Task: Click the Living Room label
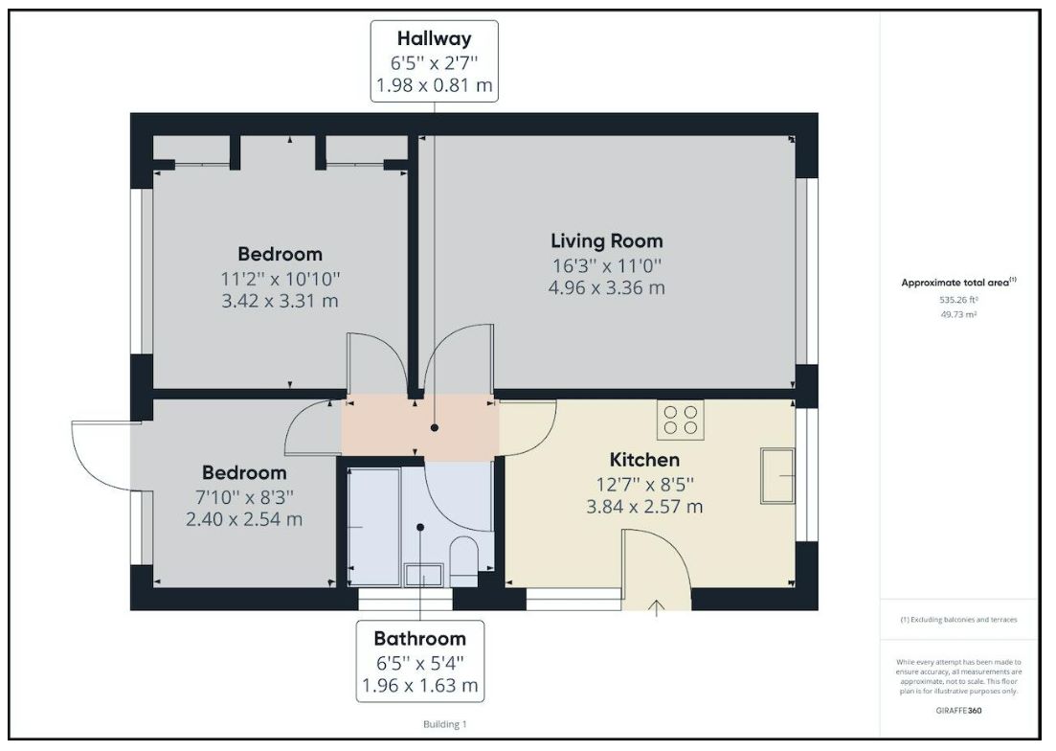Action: [x=607, y=240]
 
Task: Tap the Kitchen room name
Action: [x=644, y=460]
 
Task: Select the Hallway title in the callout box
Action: [x=434, y=38]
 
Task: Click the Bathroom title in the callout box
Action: [x=419, y=638]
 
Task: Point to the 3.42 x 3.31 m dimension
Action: [x=281, y=301]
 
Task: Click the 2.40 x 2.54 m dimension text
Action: [x=244, y=519]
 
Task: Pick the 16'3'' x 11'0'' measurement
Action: [x=607, y=264]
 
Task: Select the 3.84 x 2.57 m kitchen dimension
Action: [x=644, y=507]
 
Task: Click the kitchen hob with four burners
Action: [x=680, y=420]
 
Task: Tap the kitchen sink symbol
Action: [x=777, y=475]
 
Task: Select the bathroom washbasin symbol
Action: [x=423, y=575]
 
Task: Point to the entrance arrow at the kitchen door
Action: [x=656, y=608]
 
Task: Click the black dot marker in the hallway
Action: [x=435, y=427]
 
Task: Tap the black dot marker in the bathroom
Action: [x=420, y=528]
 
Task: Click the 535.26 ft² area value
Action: [x=958, y=300]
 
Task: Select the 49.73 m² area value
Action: [x=958, y=314]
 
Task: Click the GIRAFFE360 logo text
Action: [x=958, y=710]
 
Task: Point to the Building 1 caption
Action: [x=444, y=725]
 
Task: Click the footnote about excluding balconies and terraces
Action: [x=958, y=620]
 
